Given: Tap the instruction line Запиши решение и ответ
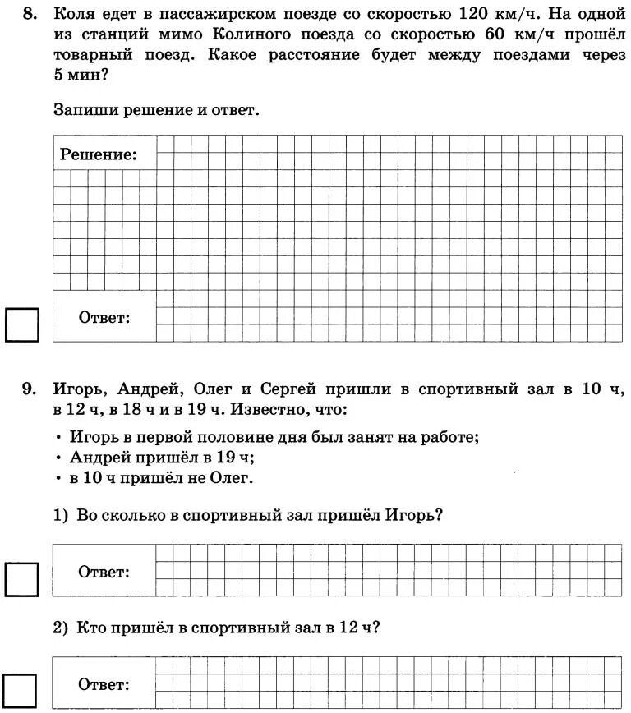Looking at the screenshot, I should click(x=156, y=109).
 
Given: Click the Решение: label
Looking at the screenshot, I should click(x=98, y=154).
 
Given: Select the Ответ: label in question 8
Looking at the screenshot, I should click(x=104, y=318).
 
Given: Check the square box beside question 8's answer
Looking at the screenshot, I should click(x=22, y=324).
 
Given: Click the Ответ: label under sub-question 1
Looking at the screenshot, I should click(x=104, y=572).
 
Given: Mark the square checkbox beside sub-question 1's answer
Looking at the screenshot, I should click(x=22, y=578).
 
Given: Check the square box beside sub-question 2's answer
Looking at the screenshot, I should click(x=22, y=690).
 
